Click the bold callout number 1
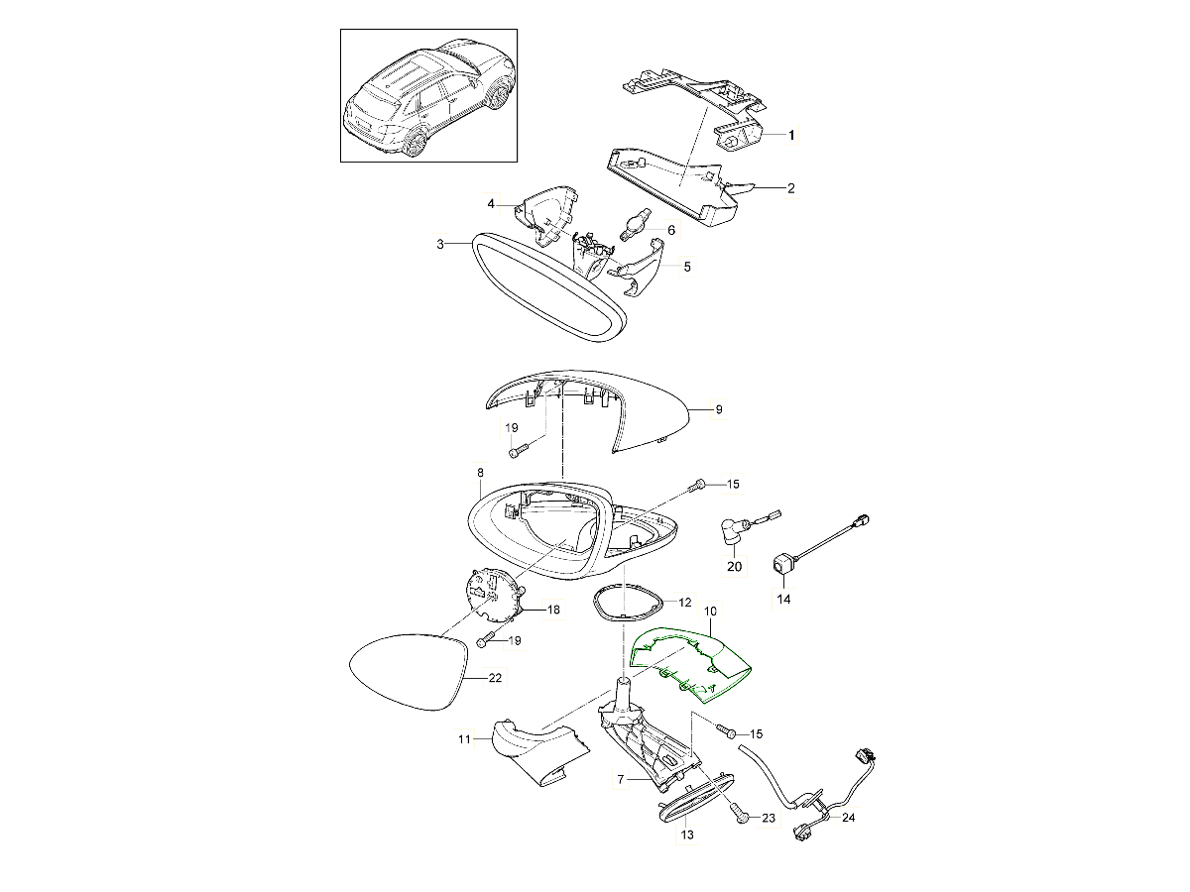pyautogui.click(x=791, y=135)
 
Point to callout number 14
pyautogui.click(x=784, y=599)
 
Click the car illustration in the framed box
pyautogui.click(x=428, y=96)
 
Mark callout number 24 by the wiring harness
pyautogui.click(x=848, y=818)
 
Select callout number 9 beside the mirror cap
pyautogui.click(x=719, y=409)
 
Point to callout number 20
pyautogui.click(x=734, y=567)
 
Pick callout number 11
pyautogui.click(x=464, y=738)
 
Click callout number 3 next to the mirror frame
pyautogui.click(x=440, y=244)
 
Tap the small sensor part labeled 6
pyautogui.click(x=634, y=225)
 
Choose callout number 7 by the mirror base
pyautogui.click(x=620, y=779)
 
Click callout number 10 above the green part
pyautogui.click(x=710, y=612)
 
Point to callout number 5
pyautogui.click(x=687, y=267)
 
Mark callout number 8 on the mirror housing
pyautogui.click(x=480, y=473)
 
